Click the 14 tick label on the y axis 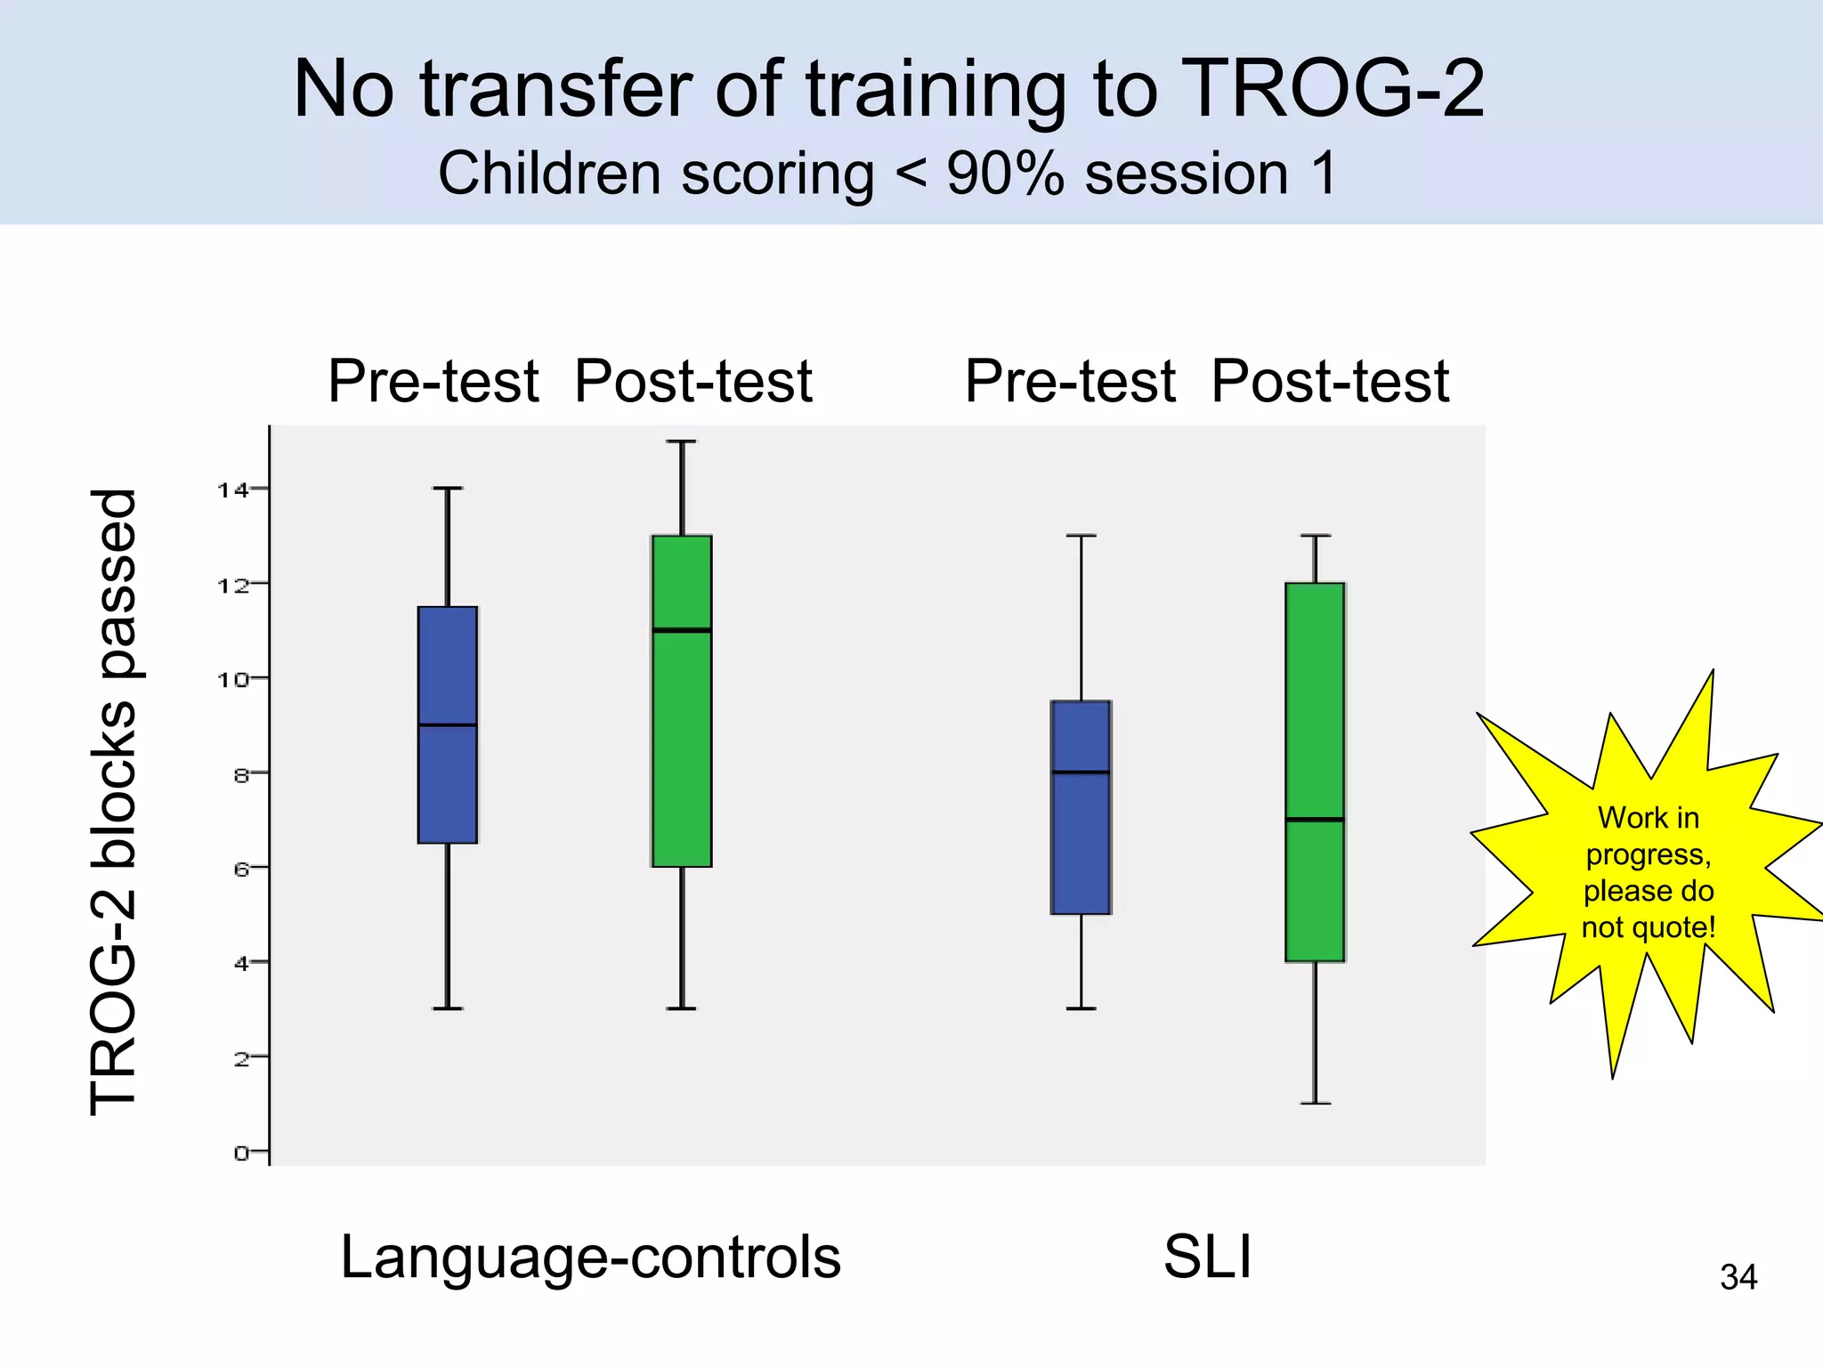pyautogui.click(x=233, y=489)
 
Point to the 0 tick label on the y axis pyautogui.click(x=242, y=1153)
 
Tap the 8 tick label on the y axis pyautogui.click(x=242, y=774)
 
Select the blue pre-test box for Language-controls pyautogui.click(x=448, y=783)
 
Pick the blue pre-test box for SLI pyautogui.click(x=1081, y=845)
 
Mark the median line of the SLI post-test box pyautogui.click(x=1315, y=819)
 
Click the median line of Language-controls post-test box pyautogui.click(x=682, y=630)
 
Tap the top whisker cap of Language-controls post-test pyautogui.click(x=682, y=441)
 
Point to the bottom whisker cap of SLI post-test pyautogui.click(x=1315, y=1104)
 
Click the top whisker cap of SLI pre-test pyautogui.click(x=1081, y=536)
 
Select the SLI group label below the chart pyautogui.click(x=1208, y=1258)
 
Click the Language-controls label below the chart pyautogui.click(x=590, y=1258)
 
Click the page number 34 pyautogui.click(x=1738, y=1278)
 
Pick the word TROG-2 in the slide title pyautogui.click(x=1335, y=89)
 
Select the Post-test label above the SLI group pyautogui.click(x=1330, y=382)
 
